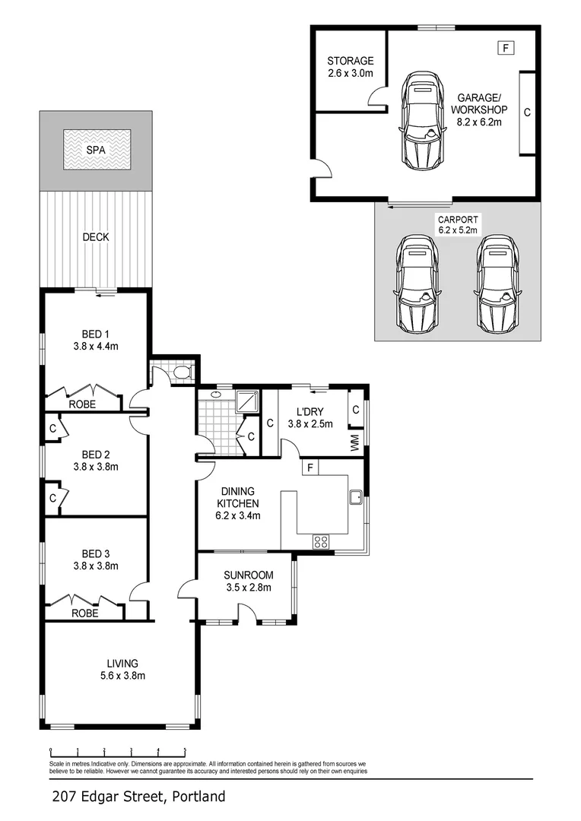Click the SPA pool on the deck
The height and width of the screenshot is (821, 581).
point(96,150)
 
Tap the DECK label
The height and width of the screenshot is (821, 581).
point(96,237)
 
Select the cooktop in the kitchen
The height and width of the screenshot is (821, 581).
point(321,542)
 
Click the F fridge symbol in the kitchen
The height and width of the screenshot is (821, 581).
point(310,467)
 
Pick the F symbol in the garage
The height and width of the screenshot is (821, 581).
point(506,48)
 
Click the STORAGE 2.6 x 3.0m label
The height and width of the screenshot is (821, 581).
point(351,67)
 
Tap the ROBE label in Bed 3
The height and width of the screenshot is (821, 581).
point(83,613)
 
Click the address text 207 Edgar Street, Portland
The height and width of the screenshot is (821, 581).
point(139,797)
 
